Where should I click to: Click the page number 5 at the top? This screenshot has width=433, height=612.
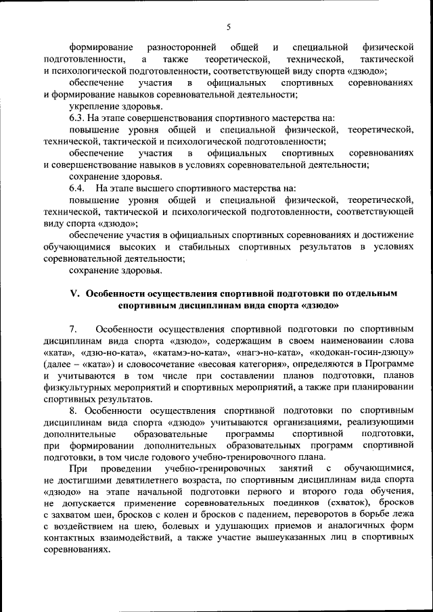(229, 26)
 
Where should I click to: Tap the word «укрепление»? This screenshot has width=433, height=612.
(92, 106)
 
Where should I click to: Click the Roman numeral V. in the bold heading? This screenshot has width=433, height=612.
(76, 293)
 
